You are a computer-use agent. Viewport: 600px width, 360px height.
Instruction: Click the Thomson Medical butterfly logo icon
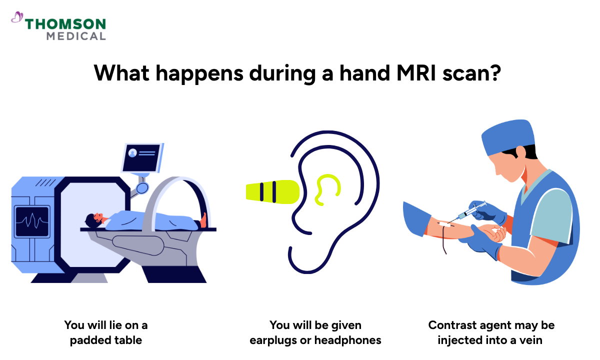[17, 17]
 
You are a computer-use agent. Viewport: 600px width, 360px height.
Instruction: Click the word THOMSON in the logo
[65, 23]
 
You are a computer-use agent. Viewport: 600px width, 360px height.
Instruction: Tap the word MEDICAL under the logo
[76, 36]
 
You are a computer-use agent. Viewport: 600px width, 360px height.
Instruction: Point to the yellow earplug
[272, 190]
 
